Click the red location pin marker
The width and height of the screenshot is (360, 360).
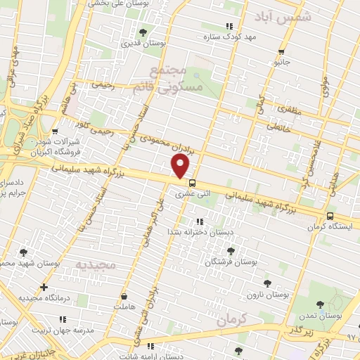coord(181,167)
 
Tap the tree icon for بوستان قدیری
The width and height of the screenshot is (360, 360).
coord(143,32)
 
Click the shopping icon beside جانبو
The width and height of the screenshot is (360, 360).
coord(282,51)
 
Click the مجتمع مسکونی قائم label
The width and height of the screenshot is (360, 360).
coord(177,79)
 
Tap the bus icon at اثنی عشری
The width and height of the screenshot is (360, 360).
coord(193,184)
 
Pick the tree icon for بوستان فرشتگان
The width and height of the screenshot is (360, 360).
coord(230,250)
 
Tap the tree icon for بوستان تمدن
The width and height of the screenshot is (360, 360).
coord(321,304)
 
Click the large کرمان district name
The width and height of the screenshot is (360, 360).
coord(234,319)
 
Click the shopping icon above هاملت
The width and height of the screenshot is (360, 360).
coord(125,297)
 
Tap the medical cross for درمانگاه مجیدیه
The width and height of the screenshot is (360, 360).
coord(44,287)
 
